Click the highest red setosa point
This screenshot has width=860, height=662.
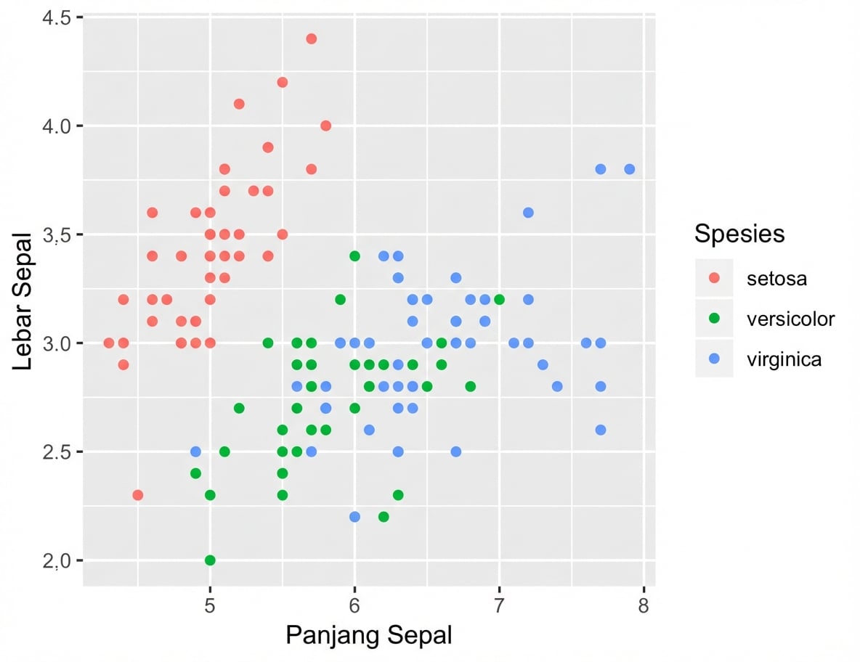(x=311, y=38)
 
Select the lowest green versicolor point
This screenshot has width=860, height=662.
(x=210, y=560)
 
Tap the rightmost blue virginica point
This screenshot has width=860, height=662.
(x=629, y=169)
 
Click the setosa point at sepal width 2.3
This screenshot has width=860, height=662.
(x=137, y=495)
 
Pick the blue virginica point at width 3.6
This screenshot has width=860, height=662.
(x=528, y=213)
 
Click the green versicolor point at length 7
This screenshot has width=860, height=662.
(x=499, y=299)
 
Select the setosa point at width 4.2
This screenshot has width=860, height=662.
(x=283, y=82)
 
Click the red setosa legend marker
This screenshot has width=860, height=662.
(x=714, y=279)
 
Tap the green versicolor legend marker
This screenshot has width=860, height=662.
(x=714, y=319)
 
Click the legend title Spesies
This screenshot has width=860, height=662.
(x=739, y=234)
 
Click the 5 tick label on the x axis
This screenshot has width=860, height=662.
(x=210, y=604)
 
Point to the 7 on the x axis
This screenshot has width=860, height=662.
(x=499, y=604)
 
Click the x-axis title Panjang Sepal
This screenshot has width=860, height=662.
(x=369, y=635)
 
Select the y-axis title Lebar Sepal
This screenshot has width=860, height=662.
(x=23, y=301)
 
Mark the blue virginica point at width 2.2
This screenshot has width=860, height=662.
(x=354, y=517)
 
